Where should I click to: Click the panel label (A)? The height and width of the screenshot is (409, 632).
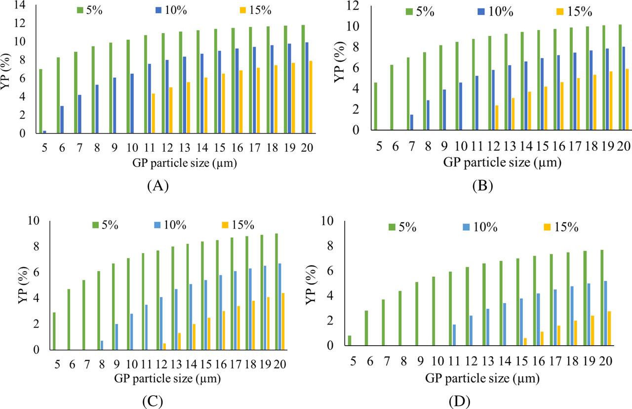coord(158,186)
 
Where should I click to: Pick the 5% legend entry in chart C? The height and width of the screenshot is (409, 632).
coord(105,225)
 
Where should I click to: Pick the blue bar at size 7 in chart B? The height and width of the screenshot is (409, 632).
coord(412,122)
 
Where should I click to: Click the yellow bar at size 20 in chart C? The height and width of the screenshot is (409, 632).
coord(283,321)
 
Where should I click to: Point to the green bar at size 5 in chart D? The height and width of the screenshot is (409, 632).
coord(350,340)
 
